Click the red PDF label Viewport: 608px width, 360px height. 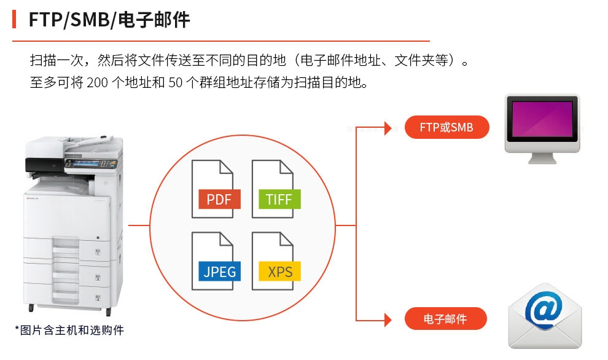click(219, 199)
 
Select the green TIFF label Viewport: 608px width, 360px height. click(279, 199)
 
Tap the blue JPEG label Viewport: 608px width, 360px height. click(219, 271)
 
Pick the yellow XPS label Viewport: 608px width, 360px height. click(279, 271)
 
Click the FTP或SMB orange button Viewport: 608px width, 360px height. click(446, 128)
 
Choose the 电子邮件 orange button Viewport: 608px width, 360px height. click(445, 319)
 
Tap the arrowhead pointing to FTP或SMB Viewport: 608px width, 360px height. click(388, 128)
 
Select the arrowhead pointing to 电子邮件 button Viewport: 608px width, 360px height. click(388, 319)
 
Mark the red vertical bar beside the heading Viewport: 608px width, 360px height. click(14, 19)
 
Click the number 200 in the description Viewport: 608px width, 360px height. click(97, 82)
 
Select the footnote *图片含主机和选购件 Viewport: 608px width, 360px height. click(69, 331)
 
